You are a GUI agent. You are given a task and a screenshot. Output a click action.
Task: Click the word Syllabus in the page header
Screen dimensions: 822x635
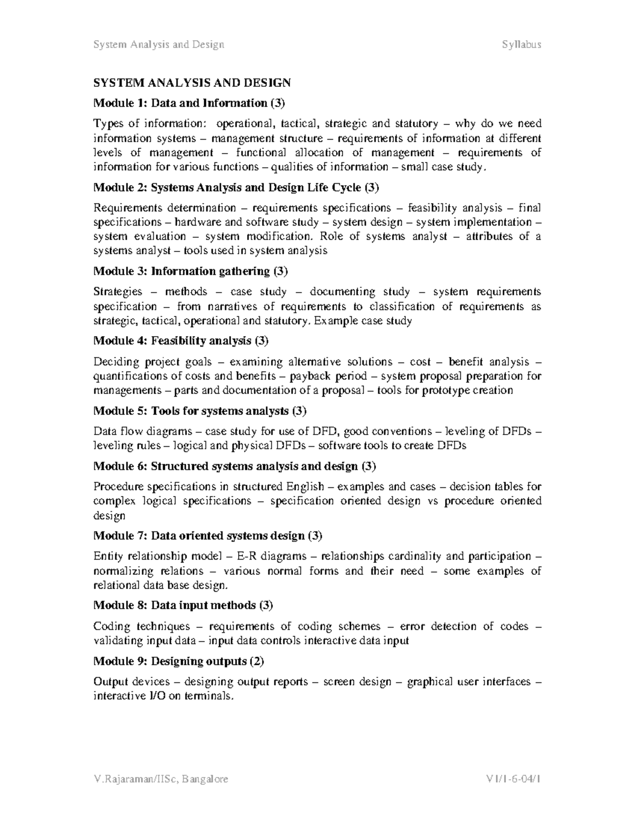521,44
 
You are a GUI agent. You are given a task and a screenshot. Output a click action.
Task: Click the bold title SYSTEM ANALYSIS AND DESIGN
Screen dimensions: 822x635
192,83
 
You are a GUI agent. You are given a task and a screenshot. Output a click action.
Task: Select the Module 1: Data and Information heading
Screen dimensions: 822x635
189,103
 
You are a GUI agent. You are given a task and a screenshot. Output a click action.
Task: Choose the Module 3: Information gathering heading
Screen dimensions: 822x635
190,272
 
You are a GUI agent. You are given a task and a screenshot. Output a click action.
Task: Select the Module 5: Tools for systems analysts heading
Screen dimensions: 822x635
199,411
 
